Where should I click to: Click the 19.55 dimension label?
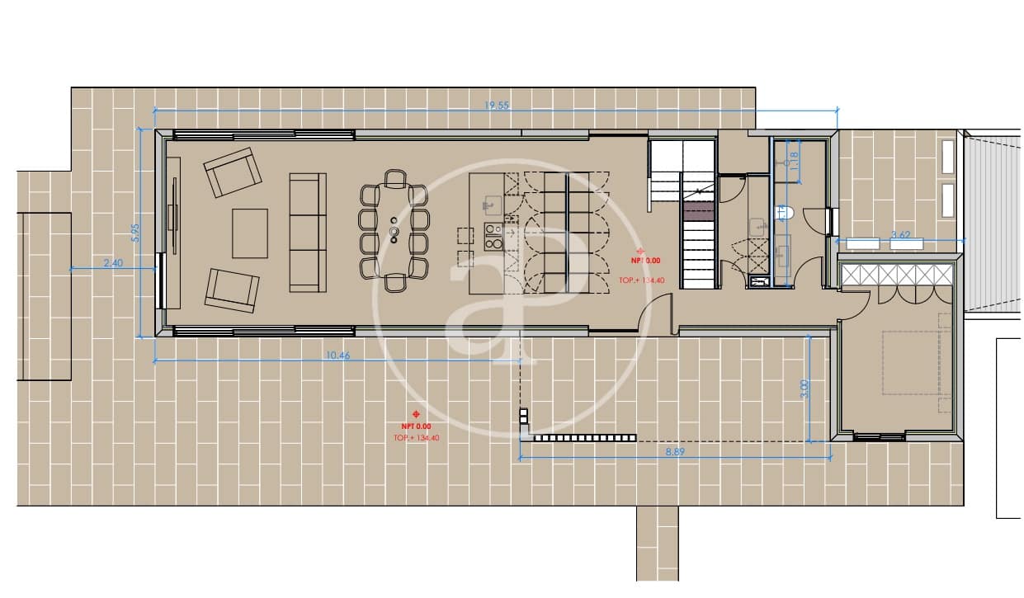point(496,106)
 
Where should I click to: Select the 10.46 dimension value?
point(334,356)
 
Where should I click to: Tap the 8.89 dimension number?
point(676,452)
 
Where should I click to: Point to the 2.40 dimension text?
point(113,263)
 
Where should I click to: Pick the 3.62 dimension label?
point(901,235)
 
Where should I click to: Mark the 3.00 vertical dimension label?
point(805,388)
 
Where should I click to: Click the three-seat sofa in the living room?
point(307,231)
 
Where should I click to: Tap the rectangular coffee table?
point(250,233)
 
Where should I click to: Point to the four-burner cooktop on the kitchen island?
point(493,237)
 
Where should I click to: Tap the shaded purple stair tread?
point(698,211)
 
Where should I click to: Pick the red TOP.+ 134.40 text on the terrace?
point(417,438)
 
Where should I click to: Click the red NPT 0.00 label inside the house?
point(640,260)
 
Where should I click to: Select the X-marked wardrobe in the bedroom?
point(897,275)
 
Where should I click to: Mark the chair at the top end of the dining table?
point(395,178)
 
